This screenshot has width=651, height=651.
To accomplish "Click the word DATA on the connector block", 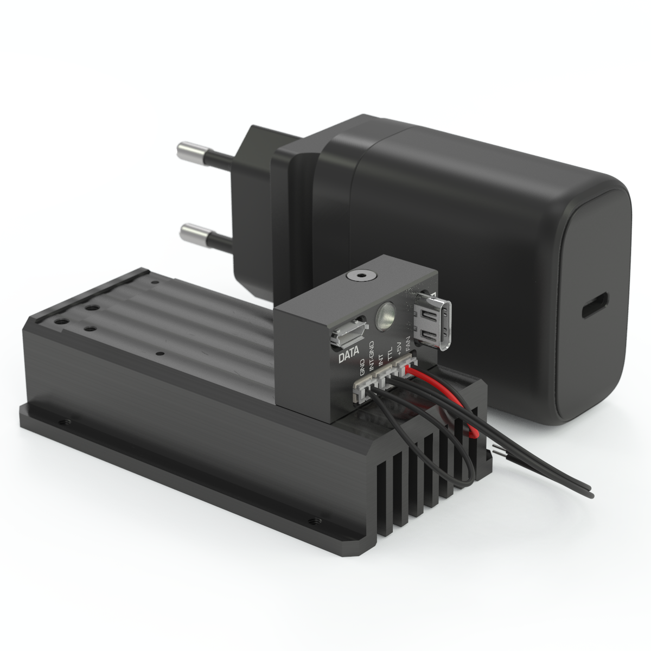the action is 349,357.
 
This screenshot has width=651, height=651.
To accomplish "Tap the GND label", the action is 363,368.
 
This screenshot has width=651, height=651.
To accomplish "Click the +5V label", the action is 399,349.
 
